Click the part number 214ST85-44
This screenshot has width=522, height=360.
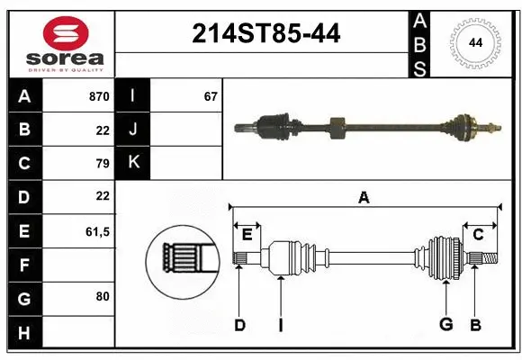(x=266, y=35)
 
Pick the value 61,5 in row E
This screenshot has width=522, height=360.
(x=96, y=231)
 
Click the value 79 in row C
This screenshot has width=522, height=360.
(x=102, y=164)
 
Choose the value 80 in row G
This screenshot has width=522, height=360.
(x=102, y=295)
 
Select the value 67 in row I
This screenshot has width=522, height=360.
(x=210, y=96)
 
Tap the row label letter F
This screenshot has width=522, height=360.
(x=24, y=265)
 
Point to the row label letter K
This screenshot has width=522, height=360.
(x=134, y=163)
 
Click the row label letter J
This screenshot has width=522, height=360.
(x=134, y=130)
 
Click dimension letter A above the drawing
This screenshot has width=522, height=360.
(x=364, y=197)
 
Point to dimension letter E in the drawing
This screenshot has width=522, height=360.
(x=247, y=235)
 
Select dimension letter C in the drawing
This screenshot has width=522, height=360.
(x=478, y=235)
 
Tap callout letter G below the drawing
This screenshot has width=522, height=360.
(x=445, y=324)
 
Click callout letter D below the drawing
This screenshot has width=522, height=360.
(x=239, y=324)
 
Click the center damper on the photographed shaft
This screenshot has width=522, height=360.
(x=337, y=129)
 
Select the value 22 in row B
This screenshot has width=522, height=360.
(x=102, y=130)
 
